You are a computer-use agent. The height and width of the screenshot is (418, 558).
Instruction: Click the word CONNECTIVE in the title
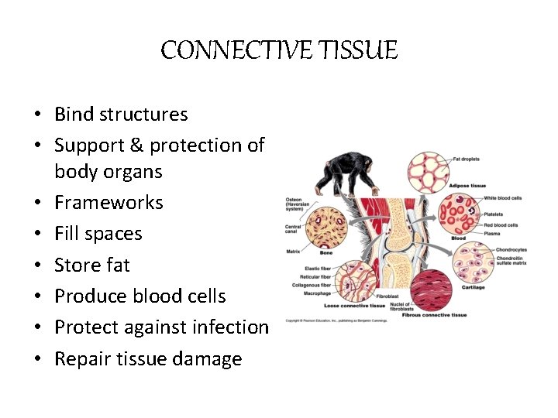pos(232,50)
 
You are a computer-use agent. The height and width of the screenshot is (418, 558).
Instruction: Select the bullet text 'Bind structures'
pos(121,114)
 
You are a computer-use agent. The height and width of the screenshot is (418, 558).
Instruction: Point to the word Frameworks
pos(108,203)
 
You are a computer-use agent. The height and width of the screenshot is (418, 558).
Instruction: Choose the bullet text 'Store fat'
pos(92,265)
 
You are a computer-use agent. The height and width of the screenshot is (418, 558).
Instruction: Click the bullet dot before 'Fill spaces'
pos(37,234)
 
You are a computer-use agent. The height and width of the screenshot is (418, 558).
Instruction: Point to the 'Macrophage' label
pos(318,293)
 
